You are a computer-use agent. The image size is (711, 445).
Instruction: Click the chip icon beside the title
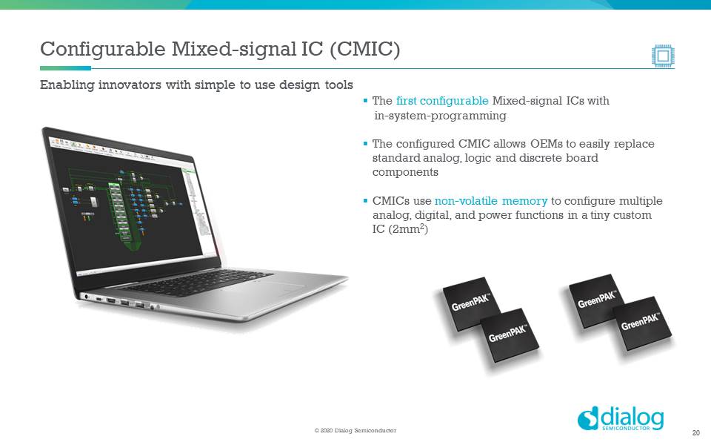(x=663, y=55)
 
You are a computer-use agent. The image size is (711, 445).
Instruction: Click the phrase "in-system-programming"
(x=440, y=116)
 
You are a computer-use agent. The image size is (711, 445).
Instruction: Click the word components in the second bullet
(x=405, y=172)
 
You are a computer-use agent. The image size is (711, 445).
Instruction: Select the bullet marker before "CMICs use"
(x=365, y=201)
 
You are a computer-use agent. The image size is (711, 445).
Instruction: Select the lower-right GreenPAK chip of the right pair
(x=641, y=323)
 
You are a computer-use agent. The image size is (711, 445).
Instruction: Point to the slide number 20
(x=695, y=433)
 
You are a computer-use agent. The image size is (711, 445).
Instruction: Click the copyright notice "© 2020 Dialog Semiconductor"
(x=355, y=431)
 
